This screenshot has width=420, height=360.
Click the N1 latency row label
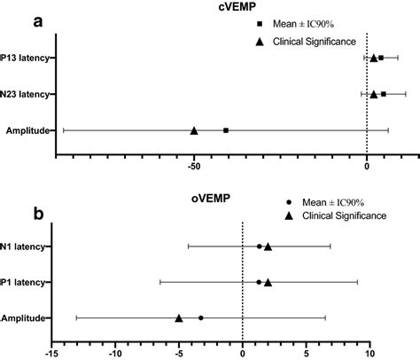(x=25, y=247)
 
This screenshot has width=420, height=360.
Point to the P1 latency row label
(x=25, y=282)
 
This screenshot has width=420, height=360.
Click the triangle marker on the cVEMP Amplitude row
(x=194, y=130)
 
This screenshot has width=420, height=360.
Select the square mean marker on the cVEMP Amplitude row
(x=226, y=130)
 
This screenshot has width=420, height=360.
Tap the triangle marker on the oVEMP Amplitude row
(x=179, y=317)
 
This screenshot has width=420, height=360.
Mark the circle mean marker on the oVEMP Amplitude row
(x=201, y=317)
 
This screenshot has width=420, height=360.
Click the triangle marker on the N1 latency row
(x=268, y=247)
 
